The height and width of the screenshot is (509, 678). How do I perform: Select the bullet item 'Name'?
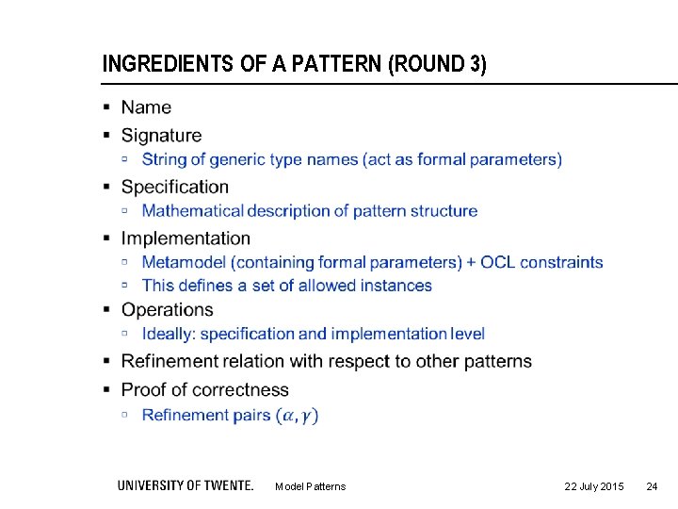[146, 107]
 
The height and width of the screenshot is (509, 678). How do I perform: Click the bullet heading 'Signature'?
[161, 136]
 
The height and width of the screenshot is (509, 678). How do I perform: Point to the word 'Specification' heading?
[175, 187]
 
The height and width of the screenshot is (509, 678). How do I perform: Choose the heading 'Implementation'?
[186, 238]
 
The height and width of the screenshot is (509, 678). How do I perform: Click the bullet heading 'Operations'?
[168, 310]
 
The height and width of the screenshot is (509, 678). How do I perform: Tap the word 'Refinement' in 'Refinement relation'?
[171, 362]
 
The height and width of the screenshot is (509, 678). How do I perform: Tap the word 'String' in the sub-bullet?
[163, 160]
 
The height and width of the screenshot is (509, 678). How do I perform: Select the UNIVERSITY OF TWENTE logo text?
[186, 485]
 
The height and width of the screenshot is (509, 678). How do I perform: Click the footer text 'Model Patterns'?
[310, 486]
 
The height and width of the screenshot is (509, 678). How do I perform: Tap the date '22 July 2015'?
[593, 486]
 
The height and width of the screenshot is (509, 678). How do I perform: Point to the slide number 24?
[652, 486]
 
